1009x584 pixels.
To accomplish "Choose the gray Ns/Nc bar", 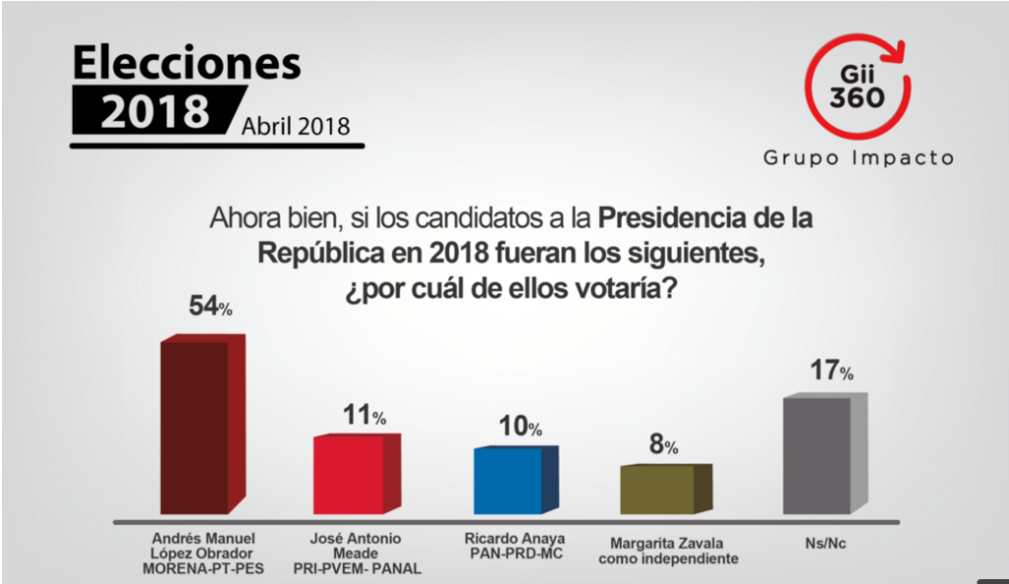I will pos(817,455).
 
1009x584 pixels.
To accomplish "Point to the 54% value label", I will pos(210,306).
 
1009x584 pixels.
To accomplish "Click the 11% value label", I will pos(364,416).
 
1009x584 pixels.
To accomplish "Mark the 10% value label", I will pos(519,426).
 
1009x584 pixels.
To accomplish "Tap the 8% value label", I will pos(662,445).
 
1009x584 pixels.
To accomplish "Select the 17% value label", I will pos(831,371).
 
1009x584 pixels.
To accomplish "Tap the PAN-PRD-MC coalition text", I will pos(511,552).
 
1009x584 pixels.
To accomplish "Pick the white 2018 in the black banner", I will pos(156,111).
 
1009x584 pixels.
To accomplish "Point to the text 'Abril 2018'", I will pos(294,127).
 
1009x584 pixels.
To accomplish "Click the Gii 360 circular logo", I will pos(856,88).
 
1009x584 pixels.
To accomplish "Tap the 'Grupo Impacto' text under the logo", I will pos(858,158).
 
